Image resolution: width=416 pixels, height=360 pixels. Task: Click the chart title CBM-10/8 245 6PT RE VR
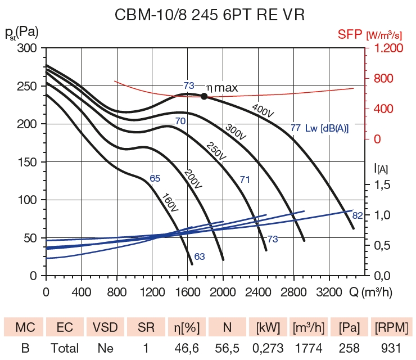[209, 15]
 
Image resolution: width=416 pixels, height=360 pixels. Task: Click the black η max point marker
[204, 96]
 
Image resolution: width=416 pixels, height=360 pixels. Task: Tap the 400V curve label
[263, 110]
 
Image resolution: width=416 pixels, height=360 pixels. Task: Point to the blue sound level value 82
[358, 215]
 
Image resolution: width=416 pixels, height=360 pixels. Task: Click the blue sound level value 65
[155, 178]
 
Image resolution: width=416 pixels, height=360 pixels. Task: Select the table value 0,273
[268, 349]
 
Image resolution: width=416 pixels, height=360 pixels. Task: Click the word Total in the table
[65, 349]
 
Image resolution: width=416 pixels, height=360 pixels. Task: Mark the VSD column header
[105, 327]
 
